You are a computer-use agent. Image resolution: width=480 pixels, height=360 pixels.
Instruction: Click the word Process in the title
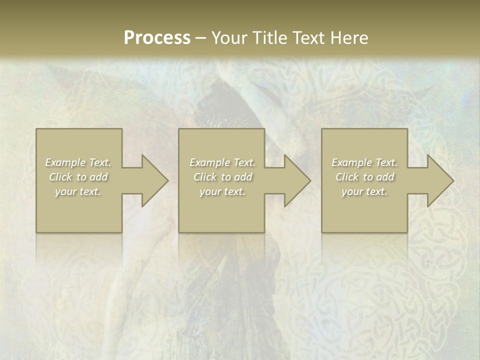click(x=157, y=38)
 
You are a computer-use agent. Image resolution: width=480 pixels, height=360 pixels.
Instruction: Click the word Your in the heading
click(x=230, y=38)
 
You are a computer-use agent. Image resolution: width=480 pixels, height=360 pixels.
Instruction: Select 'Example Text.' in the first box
click(x=78, y=162)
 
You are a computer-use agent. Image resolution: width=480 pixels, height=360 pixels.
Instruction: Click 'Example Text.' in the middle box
click(x=222, y=162)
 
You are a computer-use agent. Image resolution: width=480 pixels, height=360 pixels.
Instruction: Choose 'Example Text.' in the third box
click(x=364, y=162)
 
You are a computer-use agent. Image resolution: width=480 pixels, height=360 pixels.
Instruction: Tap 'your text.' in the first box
click(x=78, y=191)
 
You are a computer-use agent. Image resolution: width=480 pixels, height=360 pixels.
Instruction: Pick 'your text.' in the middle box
click(x=222, y=191)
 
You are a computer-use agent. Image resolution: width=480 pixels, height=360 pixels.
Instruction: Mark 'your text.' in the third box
click(x=364, y=191)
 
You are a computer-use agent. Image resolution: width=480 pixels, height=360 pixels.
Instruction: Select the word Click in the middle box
click(x=205, y=177)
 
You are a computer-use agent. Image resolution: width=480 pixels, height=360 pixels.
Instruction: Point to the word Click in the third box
click(x=347, y=177)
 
